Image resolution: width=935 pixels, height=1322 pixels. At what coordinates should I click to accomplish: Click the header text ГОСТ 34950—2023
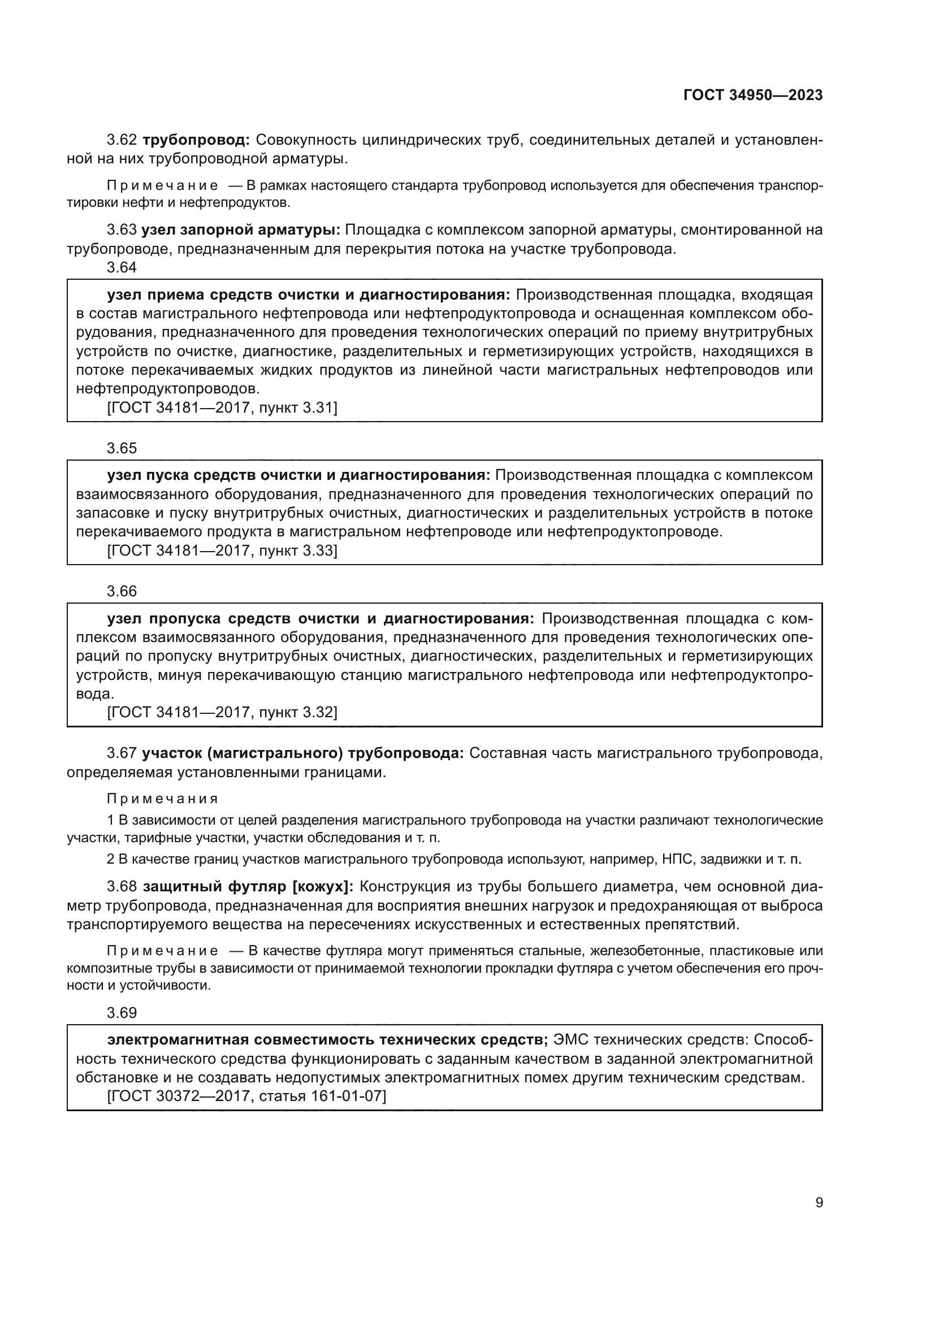(x=752, y=96)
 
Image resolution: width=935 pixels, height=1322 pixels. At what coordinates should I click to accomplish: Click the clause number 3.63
(x=122, y=230)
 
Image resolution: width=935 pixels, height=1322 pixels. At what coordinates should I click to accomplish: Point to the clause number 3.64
(x=122, y=267)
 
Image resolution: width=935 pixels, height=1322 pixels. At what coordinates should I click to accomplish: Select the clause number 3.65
(x=122, y=448)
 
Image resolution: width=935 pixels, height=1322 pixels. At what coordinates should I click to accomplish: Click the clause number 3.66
(x=122, y=591)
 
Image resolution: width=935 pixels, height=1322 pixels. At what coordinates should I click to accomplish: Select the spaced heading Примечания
(x=162, y=799)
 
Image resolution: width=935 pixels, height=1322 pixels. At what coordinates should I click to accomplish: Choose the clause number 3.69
(x=122, y=1013)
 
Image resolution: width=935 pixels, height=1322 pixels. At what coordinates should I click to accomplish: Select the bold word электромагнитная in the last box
(x=178, y=1040)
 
